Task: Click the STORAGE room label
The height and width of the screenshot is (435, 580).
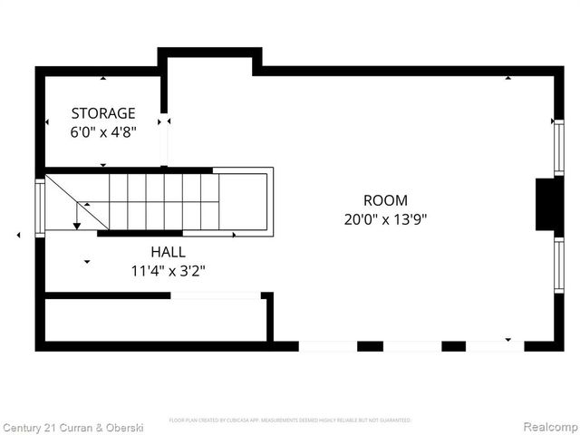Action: coord(103,113)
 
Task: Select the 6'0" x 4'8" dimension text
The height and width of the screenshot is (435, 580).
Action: coord(103,132)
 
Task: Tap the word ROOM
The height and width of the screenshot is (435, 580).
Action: coord(385,200)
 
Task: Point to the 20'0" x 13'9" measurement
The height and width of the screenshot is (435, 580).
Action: coord(385,219)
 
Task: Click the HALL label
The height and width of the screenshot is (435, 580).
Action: coord(168,251)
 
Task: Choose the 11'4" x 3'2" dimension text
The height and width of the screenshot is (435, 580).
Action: coord(168,270)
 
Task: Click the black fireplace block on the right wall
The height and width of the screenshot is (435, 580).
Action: coord(547,204)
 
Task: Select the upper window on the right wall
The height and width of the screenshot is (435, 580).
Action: coord(558,147)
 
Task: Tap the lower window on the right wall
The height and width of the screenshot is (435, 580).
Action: coord(558,264)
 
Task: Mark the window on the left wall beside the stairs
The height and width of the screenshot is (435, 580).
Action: coord(40,208)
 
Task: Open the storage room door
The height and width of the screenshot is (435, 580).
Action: coord(164,140)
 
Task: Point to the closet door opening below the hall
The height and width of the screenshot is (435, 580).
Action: coord(215,295)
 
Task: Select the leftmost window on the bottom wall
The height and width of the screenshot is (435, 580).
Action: coord(327,346)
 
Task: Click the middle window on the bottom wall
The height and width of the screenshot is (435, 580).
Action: coord(411,346)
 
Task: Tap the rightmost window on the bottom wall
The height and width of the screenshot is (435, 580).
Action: coord(495,346)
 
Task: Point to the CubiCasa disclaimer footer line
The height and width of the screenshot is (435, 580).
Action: coord(290,420)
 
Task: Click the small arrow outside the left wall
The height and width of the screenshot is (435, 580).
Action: coord(19,236)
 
